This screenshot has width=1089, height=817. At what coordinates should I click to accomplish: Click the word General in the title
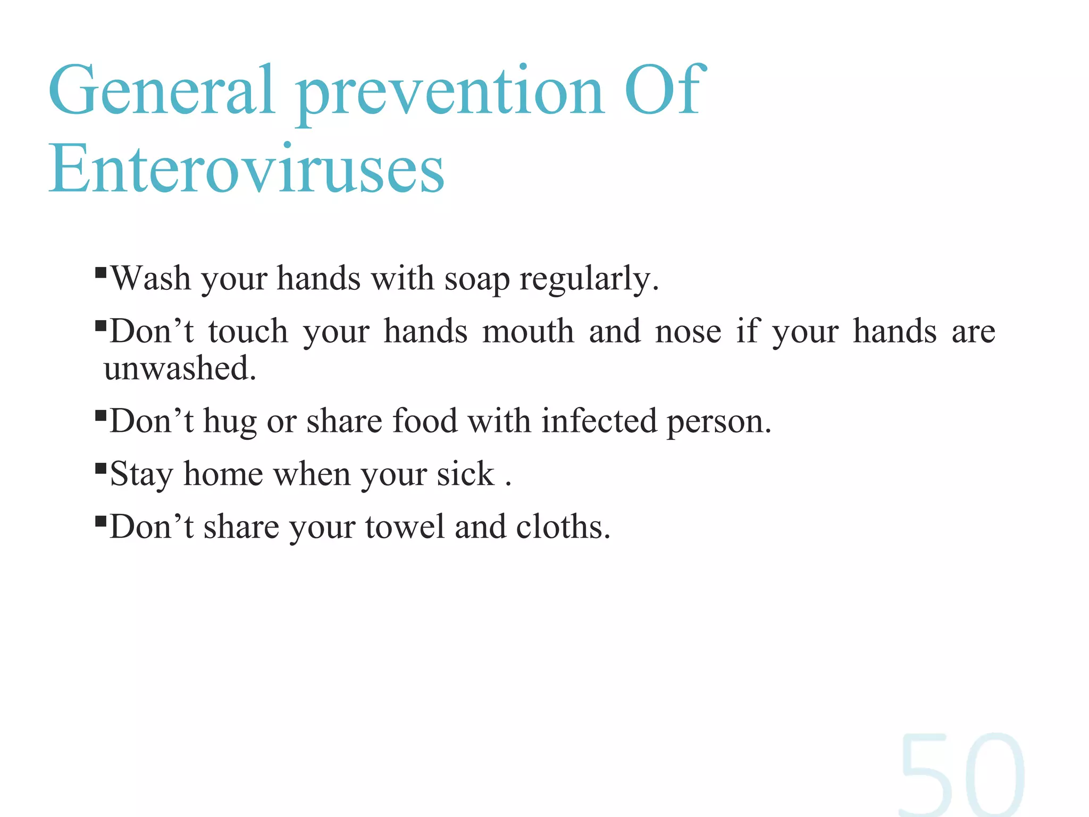(162, 90)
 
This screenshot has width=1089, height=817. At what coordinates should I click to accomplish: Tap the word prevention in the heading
(450, 93)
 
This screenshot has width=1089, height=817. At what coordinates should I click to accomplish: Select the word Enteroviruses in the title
(247, 169)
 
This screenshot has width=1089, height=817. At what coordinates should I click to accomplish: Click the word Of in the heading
(665, 90)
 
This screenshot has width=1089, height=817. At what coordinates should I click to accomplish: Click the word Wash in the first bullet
(151, 278)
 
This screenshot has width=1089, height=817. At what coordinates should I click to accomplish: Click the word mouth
(528, 331)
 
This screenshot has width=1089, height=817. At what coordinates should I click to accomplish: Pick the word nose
(688, 331)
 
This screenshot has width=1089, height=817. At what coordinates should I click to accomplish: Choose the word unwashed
(180, 368)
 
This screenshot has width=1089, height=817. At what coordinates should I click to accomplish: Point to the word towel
(405, 527)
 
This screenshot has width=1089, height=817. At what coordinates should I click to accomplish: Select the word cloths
(563, 527)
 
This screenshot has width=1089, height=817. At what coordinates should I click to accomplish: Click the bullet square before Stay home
(100, 468)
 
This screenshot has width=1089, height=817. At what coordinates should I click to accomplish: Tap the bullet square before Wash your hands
(100, 273)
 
